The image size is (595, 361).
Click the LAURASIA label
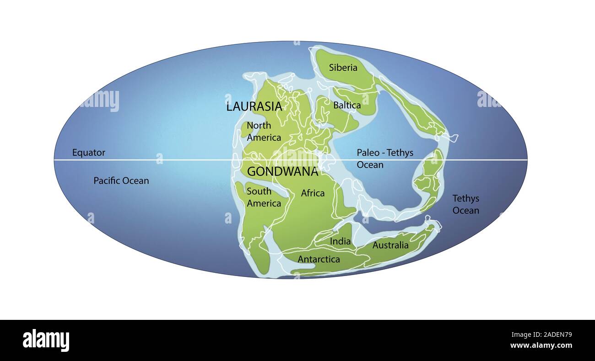[x=254, y=107]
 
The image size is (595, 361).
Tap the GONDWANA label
[x=282, y=172]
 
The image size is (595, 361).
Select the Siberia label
[x=343, y=68]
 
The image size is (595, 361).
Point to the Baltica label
[x=347, y=106]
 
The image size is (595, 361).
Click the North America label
[x=264, y=132]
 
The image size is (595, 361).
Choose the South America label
[x=264, y=197]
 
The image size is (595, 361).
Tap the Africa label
[x=313, y=193]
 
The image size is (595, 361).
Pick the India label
[x=340, y=241]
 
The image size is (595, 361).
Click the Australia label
[x=390, y=245]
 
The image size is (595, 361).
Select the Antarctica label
[x=319, y=260]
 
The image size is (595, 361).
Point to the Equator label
[x=88, y=153]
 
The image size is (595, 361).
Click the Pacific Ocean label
[x=121, y=181]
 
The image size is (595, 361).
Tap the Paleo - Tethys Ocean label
[x=385, y=159]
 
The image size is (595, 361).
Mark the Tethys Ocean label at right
[x=466, y=205]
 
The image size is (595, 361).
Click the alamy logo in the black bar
[x=46, y=340]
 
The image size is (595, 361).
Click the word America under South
[x=264, y=203]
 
